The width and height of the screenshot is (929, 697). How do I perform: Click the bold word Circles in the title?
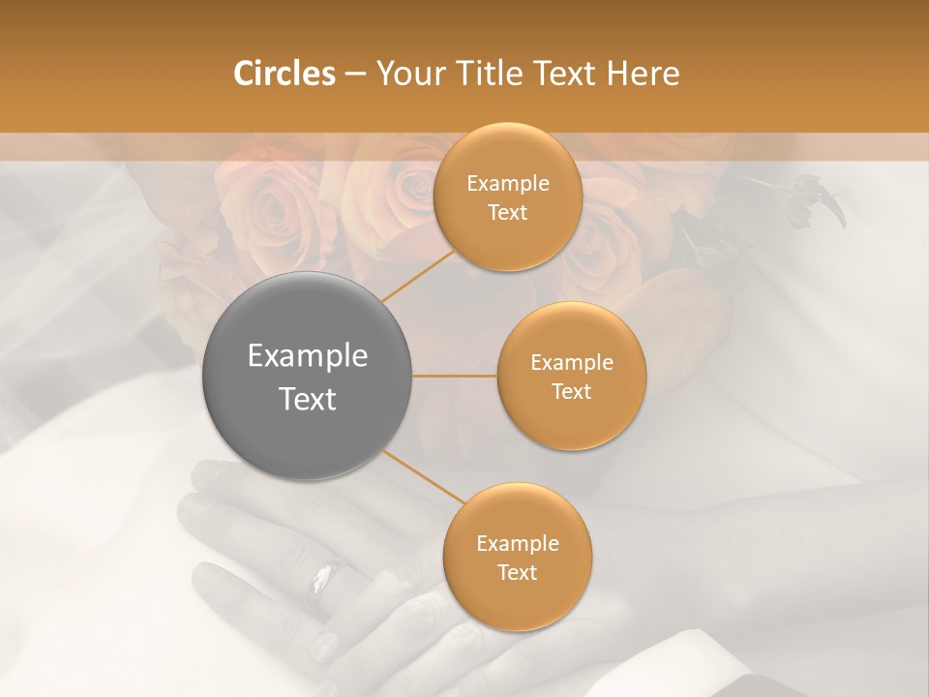click(x=284, y=73)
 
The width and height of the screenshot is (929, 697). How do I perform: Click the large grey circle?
click(x=307, y=377)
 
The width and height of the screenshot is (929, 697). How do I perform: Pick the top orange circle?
click(x=507, y=197)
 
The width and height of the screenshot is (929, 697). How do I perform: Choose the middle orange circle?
click(x=571, y=376)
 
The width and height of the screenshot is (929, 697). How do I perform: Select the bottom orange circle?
click(x=517, y=557)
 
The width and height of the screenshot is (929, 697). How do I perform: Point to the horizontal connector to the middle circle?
click(x=455, y=376)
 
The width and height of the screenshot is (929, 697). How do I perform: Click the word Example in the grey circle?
click(x=307, y=356)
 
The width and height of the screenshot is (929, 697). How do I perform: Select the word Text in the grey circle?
click(x=307, y=399)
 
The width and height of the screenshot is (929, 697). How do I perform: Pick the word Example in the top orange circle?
click(x=507, y=184)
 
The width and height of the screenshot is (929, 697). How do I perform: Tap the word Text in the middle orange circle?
click(x=571, y=391)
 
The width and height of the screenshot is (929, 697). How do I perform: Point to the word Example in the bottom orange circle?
click(x=517, y=543)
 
